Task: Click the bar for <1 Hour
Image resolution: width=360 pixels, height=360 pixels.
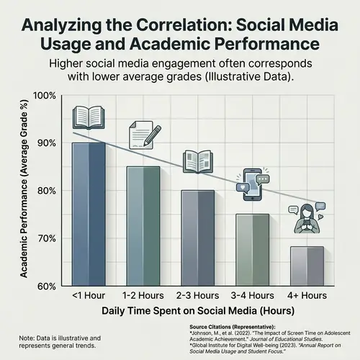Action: pos(89,214)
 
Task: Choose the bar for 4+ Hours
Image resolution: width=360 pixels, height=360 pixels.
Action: pos(306,266)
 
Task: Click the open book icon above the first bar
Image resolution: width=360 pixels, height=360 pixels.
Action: pos(89,117)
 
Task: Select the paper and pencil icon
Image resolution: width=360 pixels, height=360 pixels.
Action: pos(143,134)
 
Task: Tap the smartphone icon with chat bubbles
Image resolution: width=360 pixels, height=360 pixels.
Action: pos(252,181)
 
